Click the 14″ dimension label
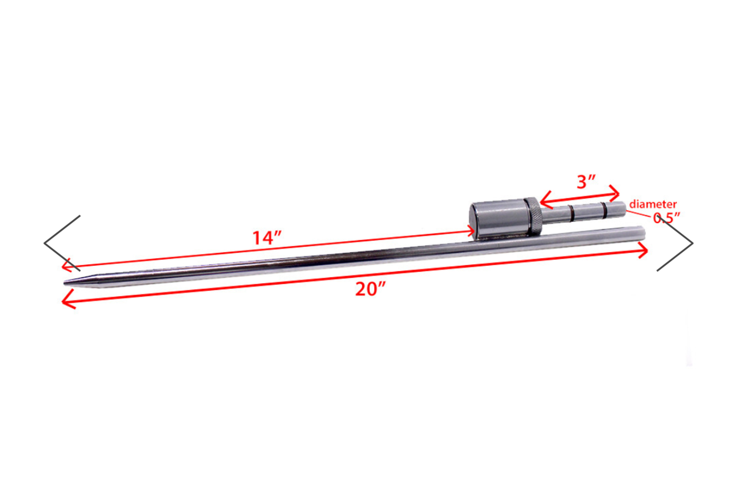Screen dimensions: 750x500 (267, 238)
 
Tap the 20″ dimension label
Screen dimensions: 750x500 (371, 289)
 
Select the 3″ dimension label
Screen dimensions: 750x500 (586, 182)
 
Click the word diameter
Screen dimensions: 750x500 (653, 204)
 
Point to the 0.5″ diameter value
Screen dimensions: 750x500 (667, 218)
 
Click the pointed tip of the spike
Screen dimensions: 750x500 (65, 283)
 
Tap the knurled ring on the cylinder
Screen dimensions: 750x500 (533, 216)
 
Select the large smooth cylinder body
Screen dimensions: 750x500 (498, 220)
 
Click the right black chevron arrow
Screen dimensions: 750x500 (675, 243)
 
